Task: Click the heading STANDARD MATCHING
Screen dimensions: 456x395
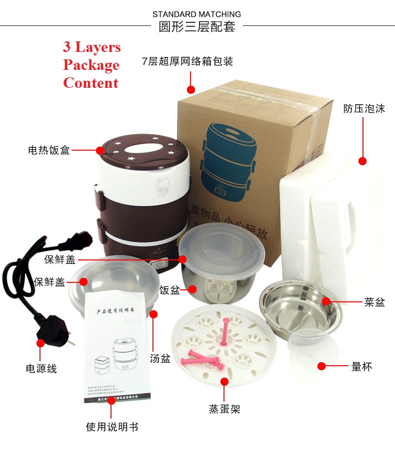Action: (196, 14)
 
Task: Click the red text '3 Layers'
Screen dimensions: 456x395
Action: (91, 47)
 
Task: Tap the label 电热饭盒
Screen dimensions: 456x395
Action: (49, 150)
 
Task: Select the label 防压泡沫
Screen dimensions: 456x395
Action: (364, 109)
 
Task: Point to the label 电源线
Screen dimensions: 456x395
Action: (41, 369)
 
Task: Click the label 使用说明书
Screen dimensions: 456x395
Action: (112, 427)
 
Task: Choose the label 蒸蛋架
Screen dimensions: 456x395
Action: (224, 409)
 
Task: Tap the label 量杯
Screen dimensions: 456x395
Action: (361, 367)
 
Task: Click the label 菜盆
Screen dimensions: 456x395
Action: (374, 302)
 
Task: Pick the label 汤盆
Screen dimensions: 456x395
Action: (160, 358)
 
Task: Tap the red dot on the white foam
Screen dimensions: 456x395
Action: (362, 161)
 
